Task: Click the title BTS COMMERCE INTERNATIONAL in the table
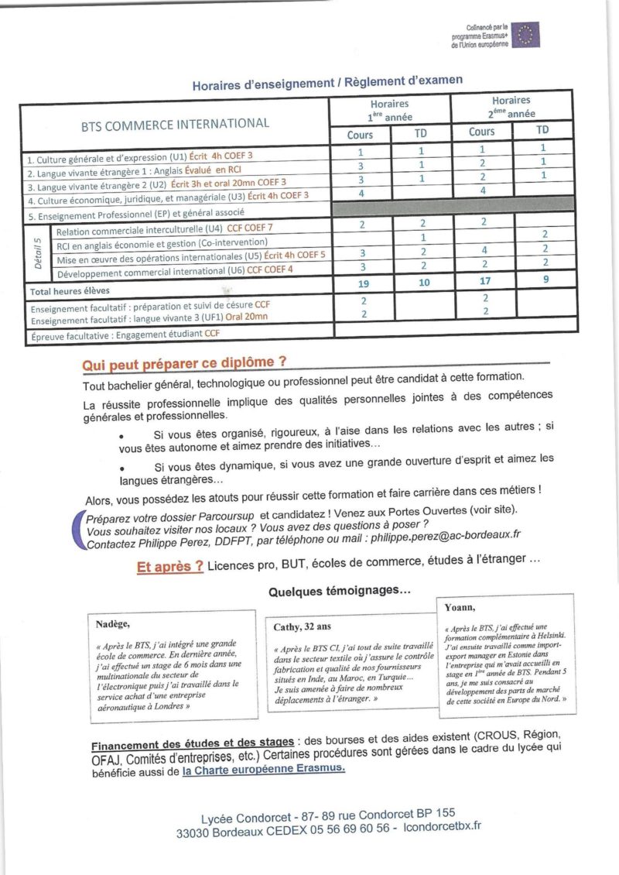[x=176, y=123]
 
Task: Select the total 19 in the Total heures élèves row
[x=363, y=284]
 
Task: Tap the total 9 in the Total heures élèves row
[x=545, y=280]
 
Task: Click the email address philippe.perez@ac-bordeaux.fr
[x=445, y=534]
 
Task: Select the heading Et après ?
[x=170, y=567]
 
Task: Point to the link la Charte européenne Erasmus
[x=264, y=770]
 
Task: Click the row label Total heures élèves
[x=69, y=292]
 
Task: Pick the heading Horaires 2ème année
[x=511, y=106]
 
